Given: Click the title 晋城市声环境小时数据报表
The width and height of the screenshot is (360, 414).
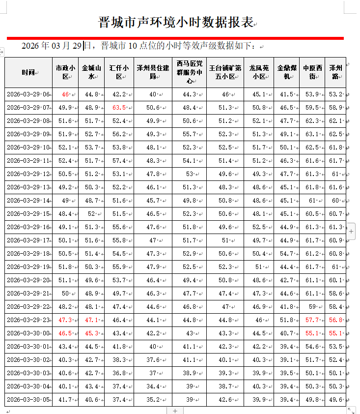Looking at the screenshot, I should pos(175,22).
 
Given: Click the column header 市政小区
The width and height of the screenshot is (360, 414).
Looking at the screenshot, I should pos(65,72).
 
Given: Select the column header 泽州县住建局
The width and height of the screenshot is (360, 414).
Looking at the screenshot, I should pos(152,72).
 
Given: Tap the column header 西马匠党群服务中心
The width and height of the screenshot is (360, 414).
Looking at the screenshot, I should pos(189,72).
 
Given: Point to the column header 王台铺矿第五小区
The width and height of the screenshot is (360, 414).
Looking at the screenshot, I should pos(225,72).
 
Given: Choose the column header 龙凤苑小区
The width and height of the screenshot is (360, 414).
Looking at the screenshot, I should pos(259,72).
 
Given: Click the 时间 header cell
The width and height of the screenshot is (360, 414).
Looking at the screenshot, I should pos(28,73).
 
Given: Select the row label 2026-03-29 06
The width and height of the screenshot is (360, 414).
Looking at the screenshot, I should pos(28,94).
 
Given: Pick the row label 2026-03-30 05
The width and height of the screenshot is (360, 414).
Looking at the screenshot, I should pos(28,400).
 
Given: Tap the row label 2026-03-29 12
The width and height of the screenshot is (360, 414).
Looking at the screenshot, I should pos(28,174).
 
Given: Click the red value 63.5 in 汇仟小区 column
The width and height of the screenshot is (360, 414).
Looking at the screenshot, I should pos(119,108).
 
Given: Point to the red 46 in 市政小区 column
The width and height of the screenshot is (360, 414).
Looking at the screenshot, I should pos(65,94).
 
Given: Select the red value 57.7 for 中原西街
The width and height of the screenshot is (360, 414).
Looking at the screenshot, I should pos(312,320).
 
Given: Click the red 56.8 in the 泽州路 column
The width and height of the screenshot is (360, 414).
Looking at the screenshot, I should pos(336,320).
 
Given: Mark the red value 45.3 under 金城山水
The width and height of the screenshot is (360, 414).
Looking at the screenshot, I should pos(91,333).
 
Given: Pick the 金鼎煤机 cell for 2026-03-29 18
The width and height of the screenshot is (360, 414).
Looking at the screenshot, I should pos(286,254).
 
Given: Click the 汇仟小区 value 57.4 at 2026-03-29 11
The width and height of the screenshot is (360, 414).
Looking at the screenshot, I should pos(119,161).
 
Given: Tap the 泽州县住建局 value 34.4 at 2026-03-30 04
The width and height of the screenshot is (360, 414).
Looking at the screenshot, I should pos(153,386).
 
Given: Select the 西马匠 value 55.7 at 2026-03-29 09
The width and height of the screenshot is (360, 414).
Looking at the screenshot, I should pos(189,134).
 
